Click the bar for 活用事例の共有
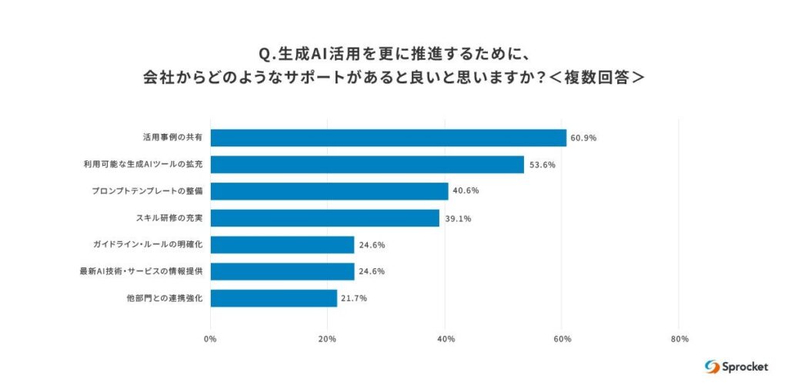(388, 138)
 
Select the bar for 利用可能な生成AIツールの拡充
(367, 164)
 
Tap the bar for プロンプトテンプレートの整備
(329, 191)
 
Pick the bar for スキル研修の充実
(325, 218)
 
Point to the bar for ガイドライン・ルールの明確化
(282, 245)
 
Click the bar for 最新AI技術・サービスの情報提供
(282, 271)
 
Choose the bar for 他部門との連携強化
(274, 298)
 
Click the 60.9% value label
(583, 139)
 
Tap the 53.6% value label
(542, 165)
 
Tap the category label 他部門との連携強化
(164, 298)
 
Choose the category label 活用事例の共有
(172, 138)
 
